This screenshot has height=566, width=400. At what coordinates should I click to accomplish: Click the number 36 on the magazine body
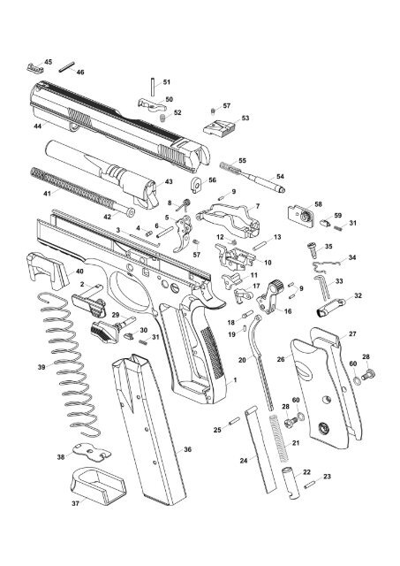(186, 451)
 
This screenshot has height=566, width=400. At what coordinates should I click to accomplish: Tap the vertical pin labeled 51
(155, 84)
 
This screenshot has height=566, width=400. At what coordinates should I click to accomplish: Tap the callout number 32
(358, 295)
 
